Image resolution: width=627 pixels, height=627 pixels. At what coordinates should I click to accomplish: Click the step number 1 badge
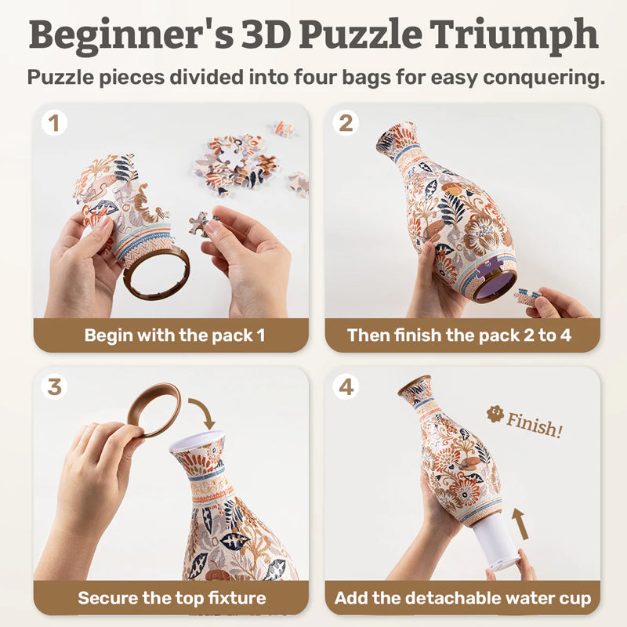54,123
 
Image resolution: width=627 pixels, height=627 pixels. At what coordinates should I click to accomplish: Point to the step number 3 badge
54,386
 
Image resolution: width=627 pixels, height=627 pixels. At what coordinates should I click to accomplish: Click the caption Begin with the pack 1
174,335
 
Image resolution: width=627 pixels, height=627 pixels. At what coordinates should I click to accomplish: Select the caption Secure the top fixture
172,598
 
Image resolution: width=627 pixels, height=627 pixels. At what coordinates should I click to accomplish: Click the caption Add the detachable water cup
462,598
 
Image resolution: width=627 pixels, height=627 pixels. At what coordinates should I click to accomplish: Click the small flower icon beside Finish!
495,413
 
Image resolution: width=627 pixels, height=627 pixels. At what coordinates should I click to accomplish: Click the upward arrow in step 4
521,523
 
